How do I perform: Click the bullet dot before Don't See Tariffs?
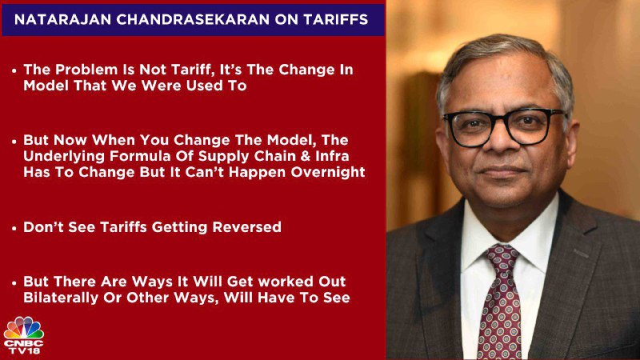click(14, 228)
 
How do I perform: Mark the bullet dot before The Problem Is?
click(14, 71)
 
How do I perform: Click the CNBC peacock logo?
click(24, 327)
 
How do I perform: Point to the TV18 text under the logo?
click(24, 350)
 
